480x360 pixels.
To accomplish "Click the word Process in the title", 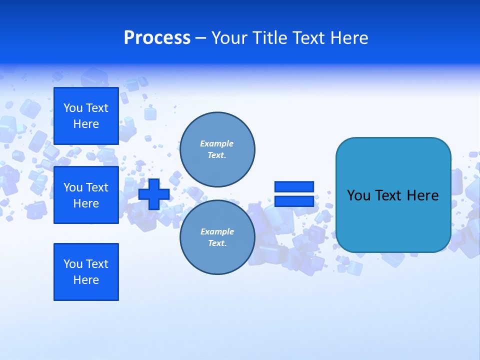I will pos(157,38).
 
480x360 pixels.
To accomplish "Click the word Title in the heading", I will pos(269,38).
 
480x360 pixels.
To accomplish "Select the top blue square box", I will pos(86,116).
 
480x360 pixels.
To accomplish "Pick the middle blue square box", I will pos(86,195).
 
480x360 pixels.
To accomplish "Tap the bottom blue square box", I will pos(86,272).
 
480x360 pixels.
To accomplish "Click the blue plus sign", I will pos(154,193).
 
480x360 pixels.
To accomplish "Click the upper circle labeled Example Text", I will pos(217,149).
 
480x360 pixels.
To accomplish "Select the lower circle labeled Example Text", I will pos(217,237).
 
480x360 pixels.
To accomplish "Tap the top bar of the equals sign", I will pos(294,186).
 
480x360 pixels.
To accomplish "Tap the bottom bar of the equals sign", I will pos(294,201).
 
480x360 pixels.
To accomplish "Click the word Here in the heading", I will pos(348,38).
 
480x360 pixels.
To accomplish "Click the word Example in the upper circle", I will pos(217,143).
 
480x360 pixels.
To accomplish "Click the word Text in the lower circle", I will pos(217,243).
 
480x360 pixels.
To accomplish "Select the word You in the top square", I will pos(73,108).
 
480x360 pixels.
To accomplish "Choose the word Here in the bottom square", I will pos(86,280).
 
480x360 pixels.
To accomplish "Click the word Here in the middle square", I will pos(86,203).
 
